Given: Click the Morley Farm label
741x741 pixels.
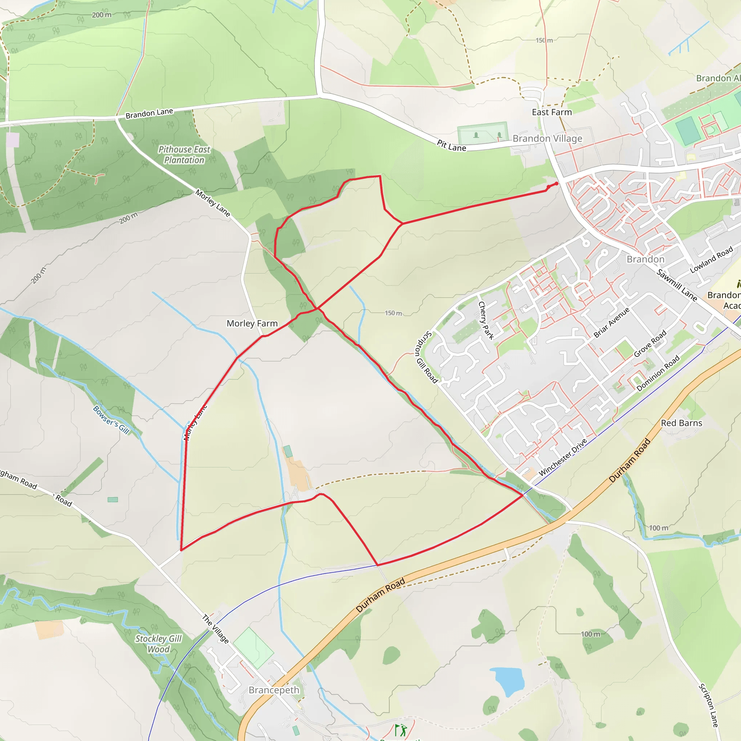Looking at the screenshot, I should tap(252, 323).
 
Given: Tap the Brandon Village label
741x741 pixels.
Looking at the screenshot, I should tap(547, 139).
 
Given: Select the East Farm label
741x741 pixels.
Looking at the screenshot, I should tap(551, 112).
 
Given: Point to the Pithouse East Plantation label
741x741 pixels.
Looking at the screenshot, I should tap(184, 154).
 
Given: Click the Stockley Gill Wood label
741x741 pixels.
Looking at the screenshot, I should tap(158, 644).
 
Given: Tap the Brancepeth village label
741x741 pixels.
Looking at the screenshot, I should tap(274, 690).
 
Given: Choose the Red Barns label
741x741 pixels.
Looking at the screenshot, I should tap(681, 423).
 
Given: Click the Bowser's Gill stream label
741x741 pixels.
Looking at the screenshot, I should tap(111, 420).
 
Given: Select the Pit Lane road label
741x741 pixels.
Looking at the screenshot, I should tap(452, 145).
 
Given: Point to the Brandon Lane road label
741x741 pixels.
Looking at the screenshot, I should tap(149, 113).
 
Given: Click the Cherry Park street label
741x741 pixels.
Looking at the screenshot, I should tap(486, 320).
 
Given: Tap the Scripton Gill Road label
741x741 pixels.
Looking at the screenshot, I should tap(426, 357).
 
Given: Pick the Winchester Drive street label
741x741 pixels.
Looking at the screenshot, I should tap(563, 457).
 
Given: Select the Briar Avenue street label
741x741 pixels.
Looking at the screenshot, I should tap(611, 322).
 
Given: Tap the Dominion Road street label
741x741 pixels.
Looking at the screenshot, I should tap(658, 373).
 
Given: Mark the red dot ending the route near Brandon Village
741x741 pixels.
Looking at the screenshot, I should tap(556, 184).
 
